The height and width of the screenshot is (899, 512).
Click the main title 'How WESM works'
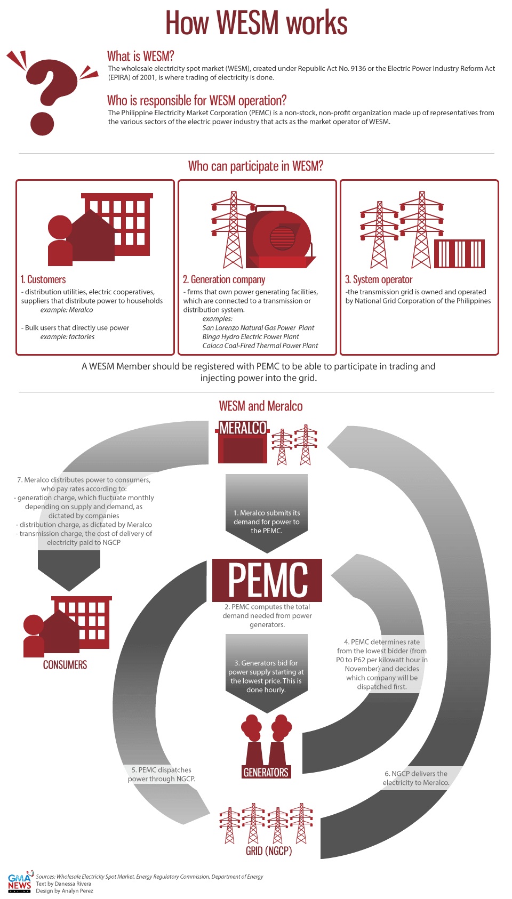256,23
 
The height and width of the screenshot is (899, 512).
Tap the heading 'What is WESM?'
140,56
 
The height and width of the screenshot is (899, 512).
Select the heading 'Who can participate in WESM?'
255,166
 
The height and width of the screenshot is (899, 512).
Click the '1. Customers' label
43,279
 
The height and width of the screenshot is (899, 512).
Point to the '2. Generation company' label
224,279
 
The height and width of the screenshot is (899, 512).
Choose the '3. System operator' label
379,279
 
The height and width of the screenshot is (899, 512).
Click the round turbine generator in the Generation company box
281,236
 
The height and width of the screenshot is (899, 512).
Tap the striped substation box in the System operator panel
459,254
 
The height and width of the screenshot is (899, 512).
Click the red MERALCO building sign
243,428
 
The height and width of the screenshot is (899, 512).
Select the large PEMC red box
267,580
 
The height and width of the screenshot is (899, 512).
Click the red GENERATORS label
266,772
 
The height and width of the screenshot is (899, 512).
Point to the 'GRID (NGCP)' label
269,850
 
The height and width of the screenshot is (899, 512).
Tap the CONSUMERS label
65,664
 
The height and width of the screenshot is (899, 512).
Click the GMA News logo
20,883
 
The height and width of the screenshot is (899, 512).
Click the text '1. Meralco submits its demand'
267,521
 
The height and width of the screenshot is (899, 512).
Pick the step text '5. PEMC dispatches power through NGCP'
162,774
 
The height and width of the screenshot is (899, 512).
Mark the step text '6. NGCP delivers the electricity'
416,778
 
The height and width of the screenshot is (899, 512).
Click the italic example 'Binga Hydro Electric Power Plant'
251,336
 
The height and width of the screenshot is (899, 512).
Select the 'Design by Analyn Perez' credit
65,890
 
